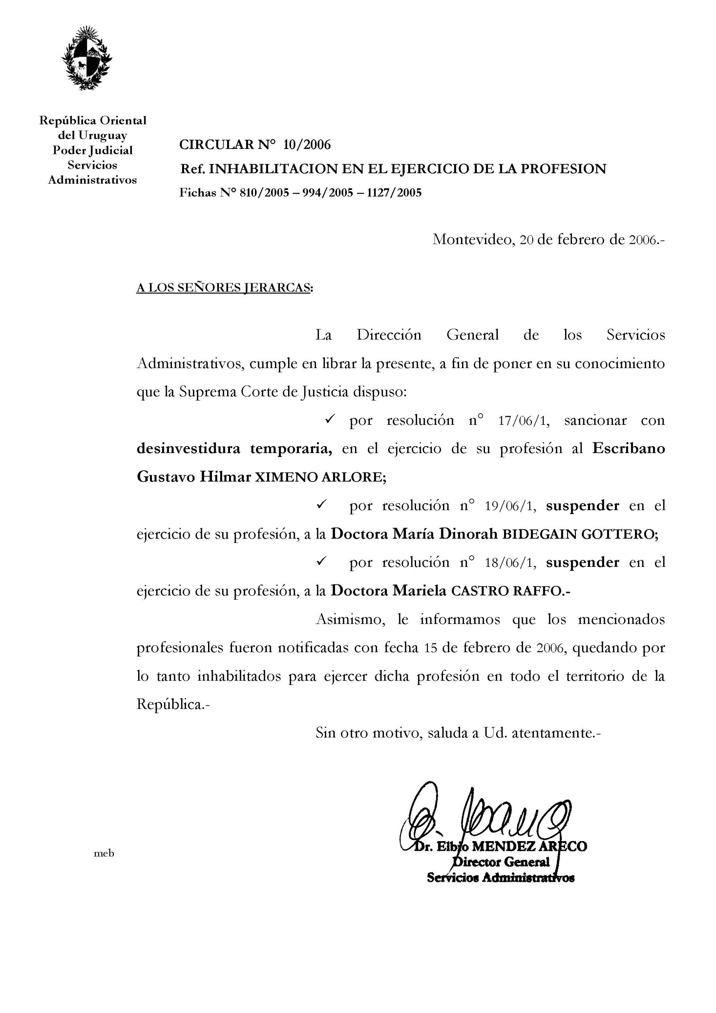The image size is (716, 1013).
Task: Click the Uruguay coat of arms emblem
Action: click(86, 58)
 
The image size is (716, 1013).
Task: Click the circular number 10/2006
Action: click(307, 145)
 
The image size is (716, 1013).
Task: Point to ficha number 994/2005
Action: click(327, 193)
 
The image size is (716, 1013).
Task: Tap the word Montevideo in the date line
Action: click(472, 239)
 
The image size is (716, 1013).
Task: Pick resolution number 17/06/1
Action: click(523, 420)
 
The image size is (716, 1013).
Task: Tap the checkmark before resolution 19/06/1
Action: click(321, 504)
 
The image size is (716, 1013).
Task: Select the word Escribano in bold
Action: click(628, 449)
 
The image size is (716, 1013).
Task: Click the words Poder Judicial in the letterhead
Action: click(93, 151)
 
